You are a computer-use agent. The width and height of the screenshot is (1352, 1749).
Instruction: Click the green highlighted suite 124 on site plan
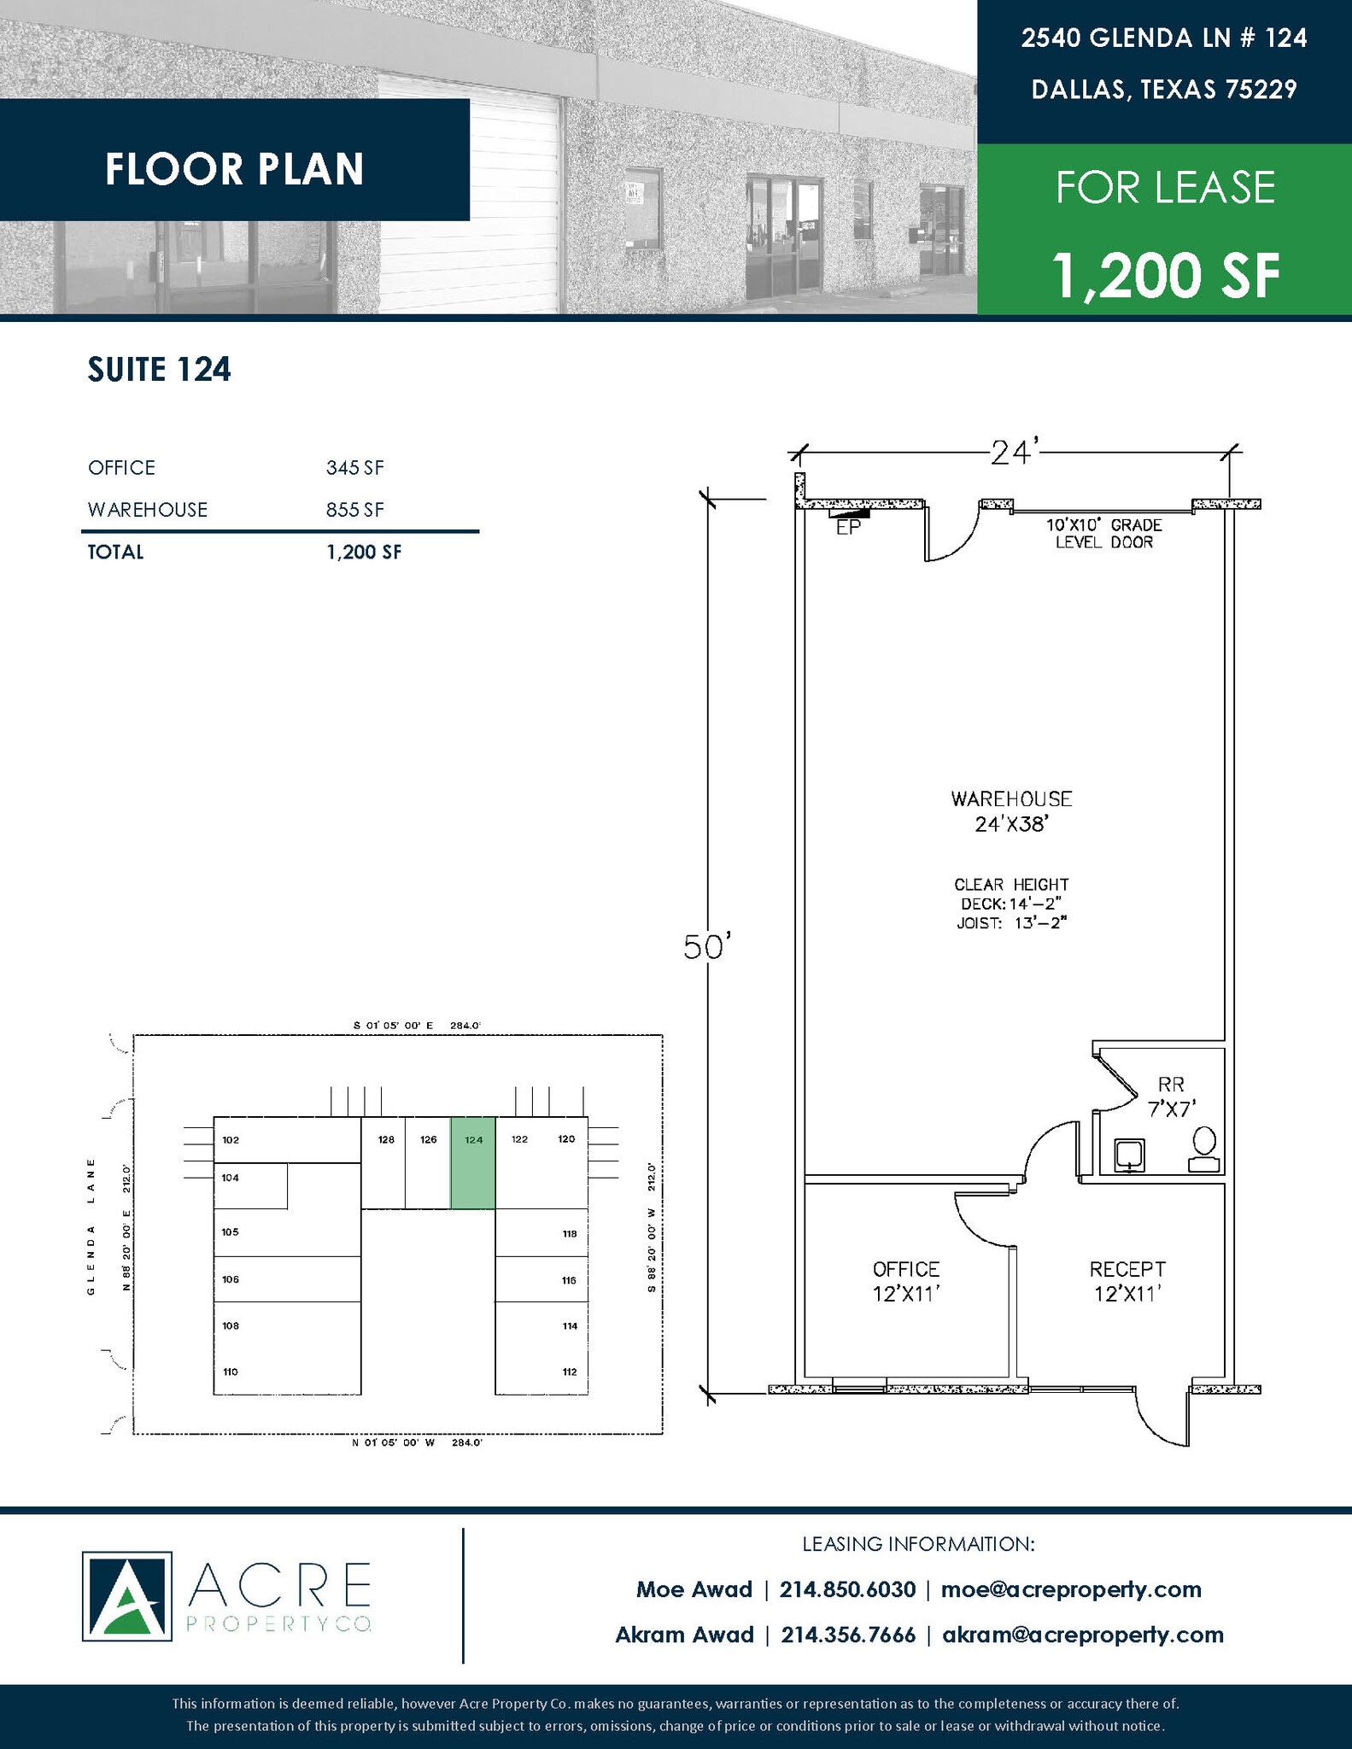[473, 1162]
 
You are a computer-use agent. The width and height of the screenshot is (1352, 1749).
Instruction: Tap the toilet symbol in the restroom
[1204, 1150]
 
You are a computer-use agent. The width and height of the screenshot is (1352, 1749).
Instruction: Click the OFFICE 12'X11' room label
[906, 1281]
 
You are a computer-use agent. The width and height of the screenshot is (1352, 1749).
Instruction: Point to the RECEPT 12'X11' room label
[1127, 1281]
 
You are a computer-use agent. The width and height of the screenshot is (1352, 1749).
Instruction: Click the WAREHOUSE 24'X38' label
[1011, 810]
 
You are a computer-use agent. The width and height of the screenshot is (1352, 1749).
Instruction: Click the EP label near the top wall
[847, 529]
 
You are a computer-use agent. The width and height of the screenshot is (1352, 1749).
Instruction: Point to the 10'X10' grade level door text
[1103, 533]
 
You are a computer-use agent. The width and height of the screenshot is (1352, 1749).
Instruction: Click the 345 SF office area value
[354, 467]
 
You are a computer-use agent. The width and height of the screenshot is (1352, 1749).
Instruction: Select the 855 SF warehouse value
[354, 510]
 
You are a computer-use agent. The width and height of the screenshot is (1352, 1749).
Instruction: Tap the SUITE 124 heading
[160, 369]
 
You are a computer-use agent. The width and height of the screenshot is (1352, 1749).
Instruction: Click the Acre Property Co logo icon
[126, 1596]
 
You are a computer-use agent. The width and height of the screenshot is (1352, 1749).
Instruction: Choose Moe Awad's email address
[1071, 1589]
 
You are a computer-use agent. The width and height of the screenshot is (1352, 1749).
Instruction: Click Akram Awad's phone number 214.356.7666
[848, 1635]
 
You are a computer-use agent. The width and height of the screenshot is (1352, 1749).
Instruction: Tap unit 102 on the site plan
[231, 1140]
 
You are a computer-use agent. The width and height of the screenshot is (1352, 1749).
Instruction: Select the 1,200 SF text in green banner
[1165, 275]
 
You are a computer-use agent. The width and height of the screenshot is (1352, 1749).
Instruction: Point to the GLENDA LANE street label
[91, 1225]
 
